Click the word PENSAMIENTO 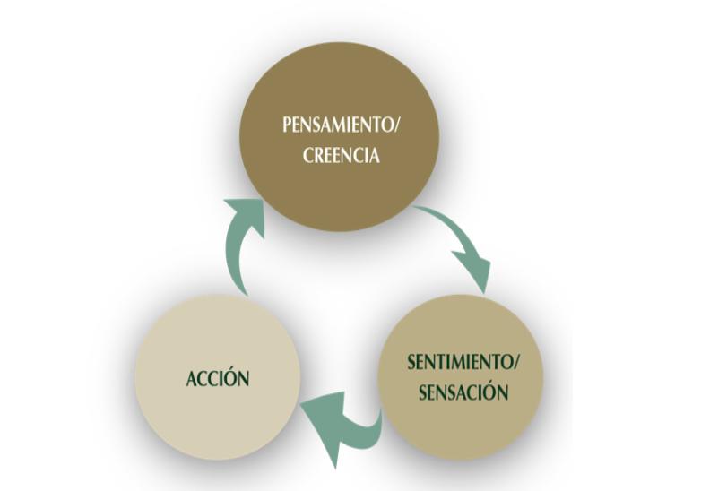[337, 125]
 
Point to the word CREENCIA [342, 155]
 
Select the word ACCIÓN [217, 378]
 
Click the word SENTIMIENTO [458, 364]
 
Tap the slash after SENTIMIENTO [515, 364]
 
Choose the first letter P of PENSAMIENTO [287, 125]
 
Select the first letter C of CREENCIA [308, 155]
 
